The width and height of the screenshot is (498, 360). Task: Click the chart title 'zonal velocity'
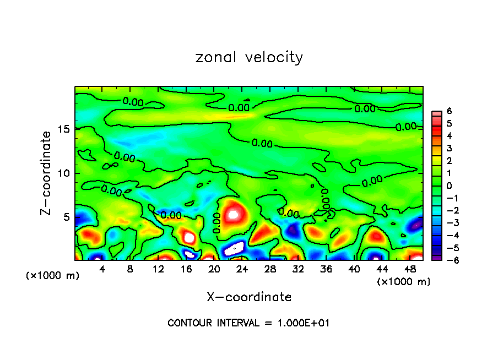[x=249, y=58]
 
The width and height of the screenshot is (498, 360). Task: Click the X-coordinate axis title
[x=249, y=297]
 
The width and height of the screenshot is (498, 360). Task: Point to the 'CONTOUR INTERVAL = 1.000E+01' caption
[x=248, y=323]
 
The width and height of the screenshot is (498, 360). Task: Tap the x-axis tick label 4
[x=102, y=269]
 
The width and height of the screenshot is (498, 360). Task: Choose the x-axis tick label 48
[x=409, y=269]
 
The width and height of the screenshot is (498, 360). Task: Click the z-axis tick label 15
[x=63, y=129]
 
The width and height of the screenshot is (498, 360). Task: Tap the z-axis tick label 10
[x=63, y=173]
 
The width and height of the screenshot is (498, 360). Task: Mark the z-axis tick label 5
[x=66, y=217]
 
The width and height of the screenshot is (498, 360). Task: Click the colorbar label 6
[x=449, y=111]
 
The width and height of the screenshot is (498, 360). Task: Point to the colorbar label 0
[x=449, y=186]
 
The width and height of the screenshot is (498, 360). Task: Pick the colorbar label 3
[x=449, y=149]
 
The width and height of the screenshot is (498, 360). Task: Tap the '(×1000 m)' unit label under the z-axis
[x=53, y=276]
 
